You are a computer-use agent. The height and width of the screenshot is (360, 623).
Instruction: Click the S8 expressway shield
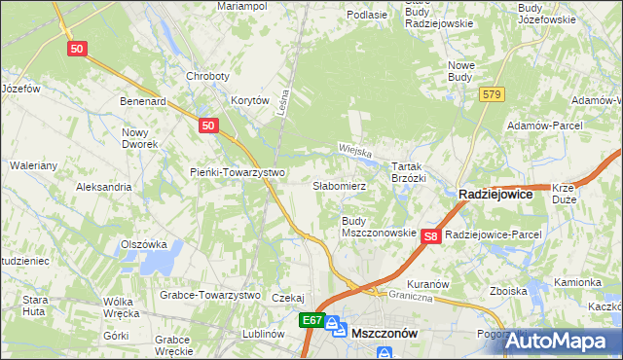[x=433, y=235]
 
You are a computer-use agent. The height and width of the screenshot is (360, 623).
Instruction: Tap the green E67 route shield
[x=311, y=320]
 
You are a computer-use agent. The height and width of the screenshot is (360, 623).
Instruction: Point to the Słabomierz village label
[x=339, y=185]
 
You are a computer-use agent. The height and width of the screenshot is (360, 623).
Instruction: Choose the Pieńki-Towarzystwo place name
[x=236, y=172]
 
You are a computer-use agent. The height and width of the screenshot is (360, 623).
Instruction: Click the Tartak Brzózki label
[x=409, y=172]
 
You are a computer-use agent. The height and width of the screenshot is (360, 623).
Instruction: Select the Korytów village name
[x=249, y=100]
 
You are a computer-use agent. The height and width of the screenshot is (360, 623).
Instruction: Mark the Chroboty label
[x=207, y=76]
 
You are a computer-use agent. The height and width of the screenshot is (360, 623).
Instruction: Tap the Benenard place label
[x=143, y=100]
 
